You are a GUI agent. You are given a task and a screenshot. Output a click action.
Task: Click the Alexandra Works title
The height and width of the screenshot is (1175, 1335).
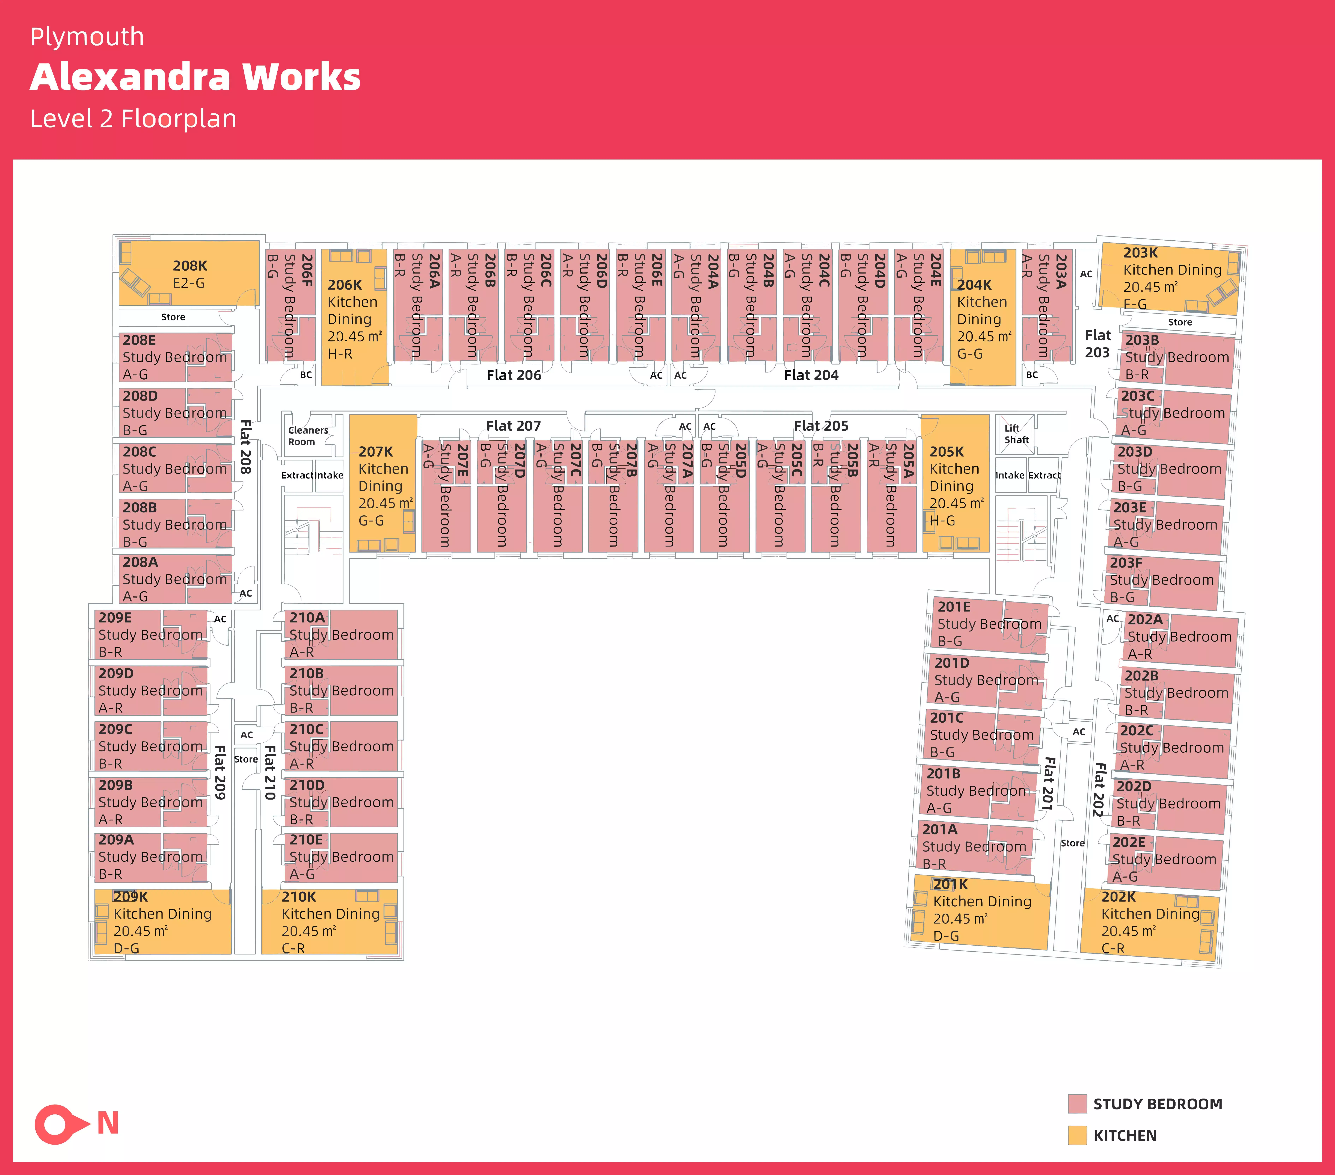click(195, 77)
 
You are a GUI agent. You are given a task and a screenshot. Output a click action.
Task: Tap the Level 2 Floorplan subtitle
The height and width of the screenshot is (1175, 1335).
click(133, 119)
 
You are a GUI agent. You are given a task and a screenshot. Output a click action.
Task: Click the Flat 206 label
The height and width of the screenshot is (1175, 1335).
click(514, 375)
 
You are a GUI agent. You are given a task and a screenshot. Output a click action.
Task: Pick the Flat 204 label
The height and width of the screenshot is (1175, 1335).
click(811, 375)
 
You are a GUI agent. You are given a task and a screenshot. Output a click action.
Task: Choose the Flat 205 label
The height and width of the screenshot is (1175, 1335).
click(821, 426)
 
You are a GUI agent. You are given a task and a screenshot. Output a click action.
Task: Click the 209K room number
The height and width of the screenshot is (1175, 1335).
click(131, 897)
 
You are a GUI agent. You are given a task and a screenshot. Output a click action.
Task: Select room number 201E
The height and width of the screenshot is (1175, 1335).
click(954, 607)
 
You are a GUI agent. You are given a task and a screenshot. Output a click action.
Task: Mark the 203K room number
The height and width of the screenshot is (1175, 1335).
click(1140, 253)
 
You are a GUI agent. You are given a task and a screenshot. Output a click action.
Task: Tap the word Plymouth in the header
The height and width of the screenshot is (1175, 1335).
click(87, 37)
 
